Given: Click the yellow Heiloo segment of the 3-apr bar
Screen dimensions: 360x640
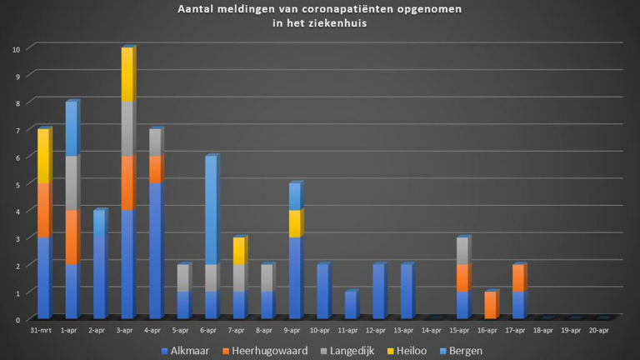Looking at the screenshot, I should click(127, 75).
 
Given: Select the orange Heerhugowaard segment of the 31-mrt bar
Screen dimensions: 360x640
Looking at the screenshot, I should click(44, 210).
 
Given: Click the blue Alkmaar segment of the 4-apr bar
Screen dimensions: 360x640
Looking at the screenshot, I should click(155, 250).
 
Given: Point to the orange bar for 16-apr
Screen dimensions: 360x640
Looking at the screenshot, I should click(490, 305).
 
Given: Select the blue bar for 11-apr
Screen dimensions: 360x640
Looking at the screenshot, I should click(350, 305).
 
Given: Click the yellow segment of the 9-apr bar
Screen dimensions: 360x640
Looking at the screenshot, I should click(294, 223).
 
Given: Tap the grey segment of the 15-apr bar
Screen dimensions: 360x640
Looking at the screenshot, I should click(462, 251).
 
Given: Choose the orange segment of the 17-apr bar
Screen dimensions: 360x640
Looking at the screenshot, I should click(517, 277).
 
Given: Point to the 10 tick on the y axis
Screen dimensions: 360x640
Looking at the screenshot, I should click(16, 48).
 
